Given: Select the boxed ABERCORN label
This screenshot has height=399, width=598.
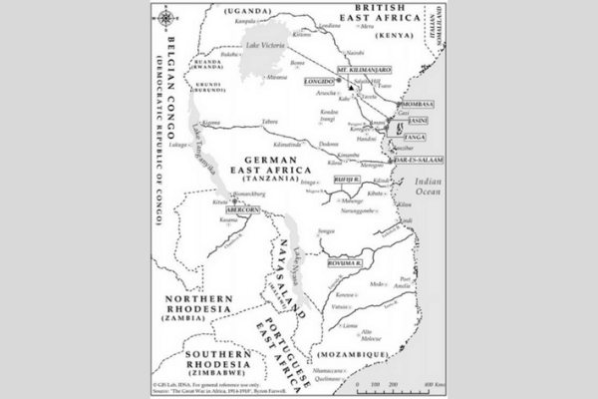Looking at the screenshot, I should [x=241, y=210].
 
